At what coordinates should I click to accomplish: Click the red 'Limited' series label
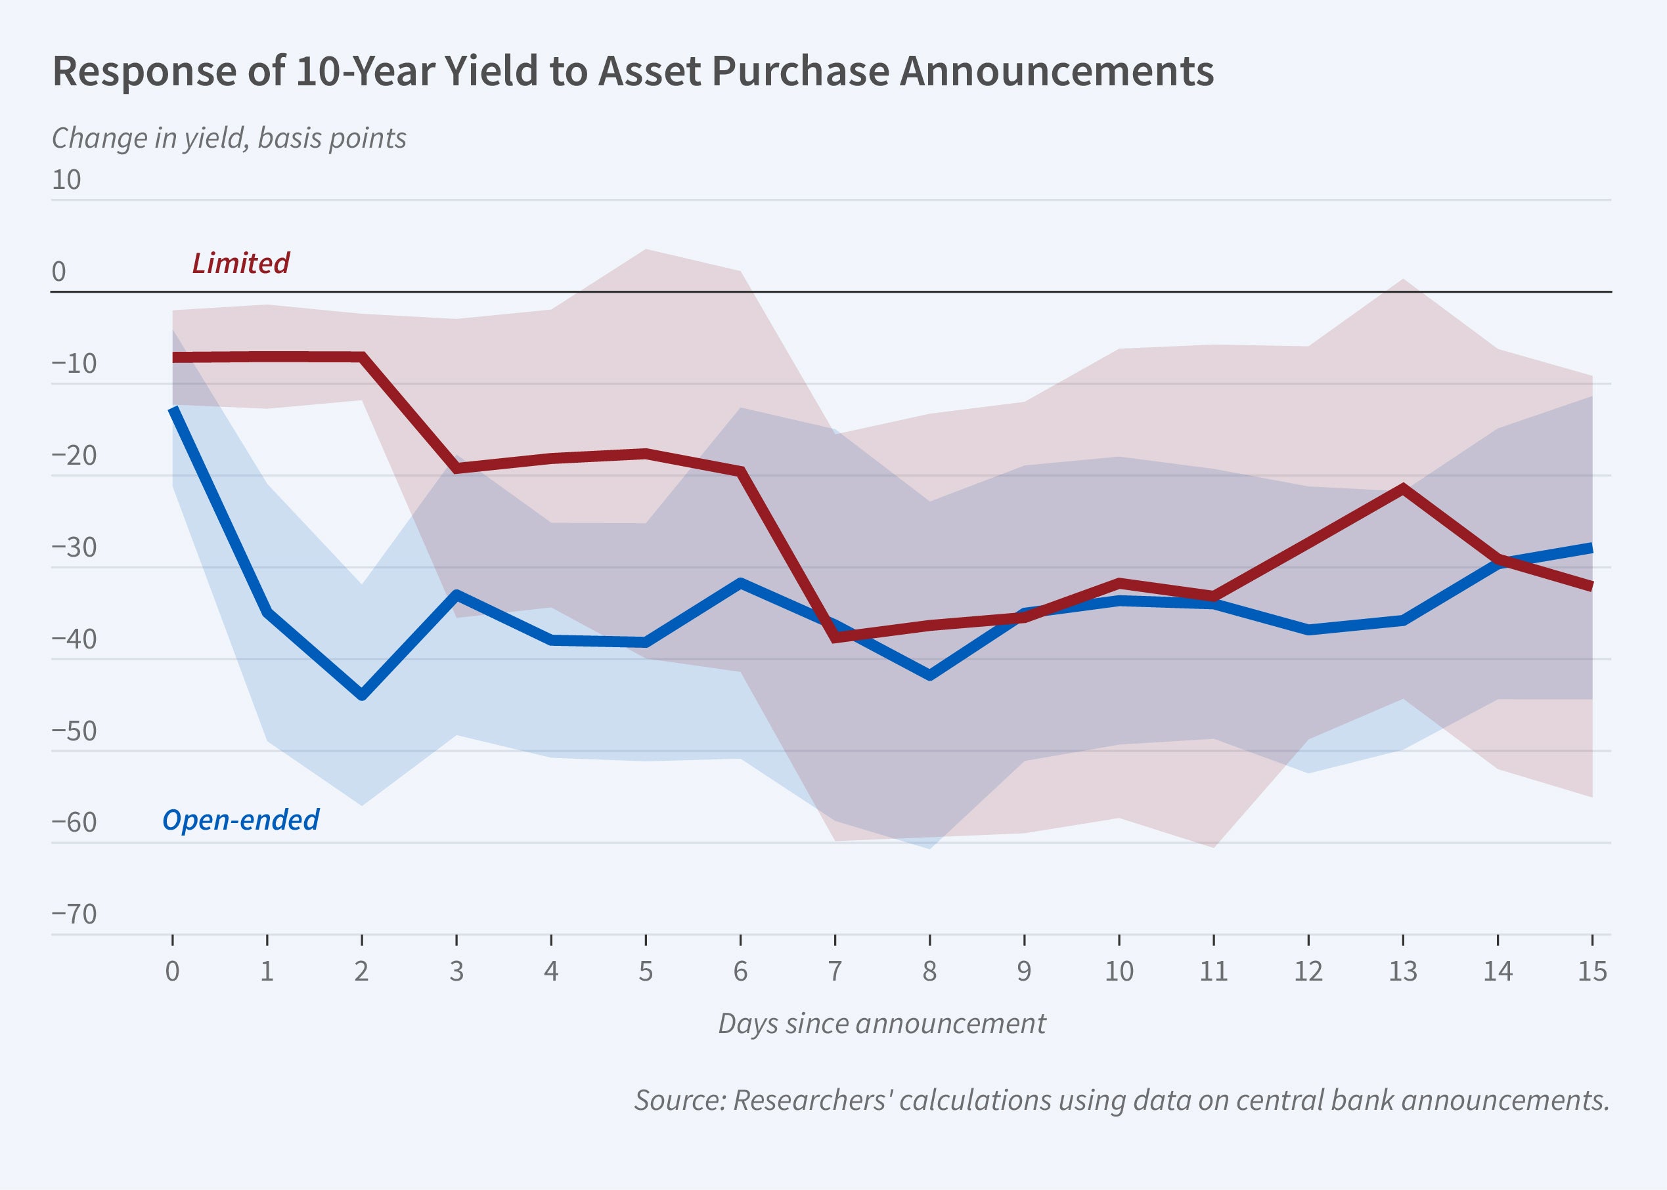point(240,263)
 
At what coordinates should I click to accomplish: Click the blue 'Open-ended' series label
point(240,820)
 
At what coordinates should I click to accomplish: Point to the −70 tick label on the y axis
point(74,914)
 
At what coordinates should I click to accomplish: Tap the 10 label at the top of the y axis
point(66,181)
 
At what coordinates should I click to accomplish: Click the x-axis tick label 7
point(835,971)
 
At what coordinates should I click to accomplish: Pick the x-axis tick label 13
point(1402,971)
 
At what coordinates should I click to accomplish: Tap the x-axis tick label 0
point(172,971)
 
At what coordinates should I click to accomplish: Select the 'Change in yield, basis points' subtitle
point(229,138)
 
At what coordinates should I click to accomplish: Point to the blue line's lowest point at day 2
point(362,695)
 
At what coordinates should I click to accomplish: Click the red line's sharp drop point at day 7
point(835,638)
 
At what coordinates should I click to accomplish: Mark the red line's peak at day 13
point(1402,488)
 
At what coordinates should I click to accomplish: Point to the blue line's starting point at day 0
point(173,410)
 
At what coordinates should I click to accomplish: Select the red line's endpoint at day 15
point(1591,586)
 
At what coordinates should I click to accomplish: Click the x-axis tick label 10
point(1119,971)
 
